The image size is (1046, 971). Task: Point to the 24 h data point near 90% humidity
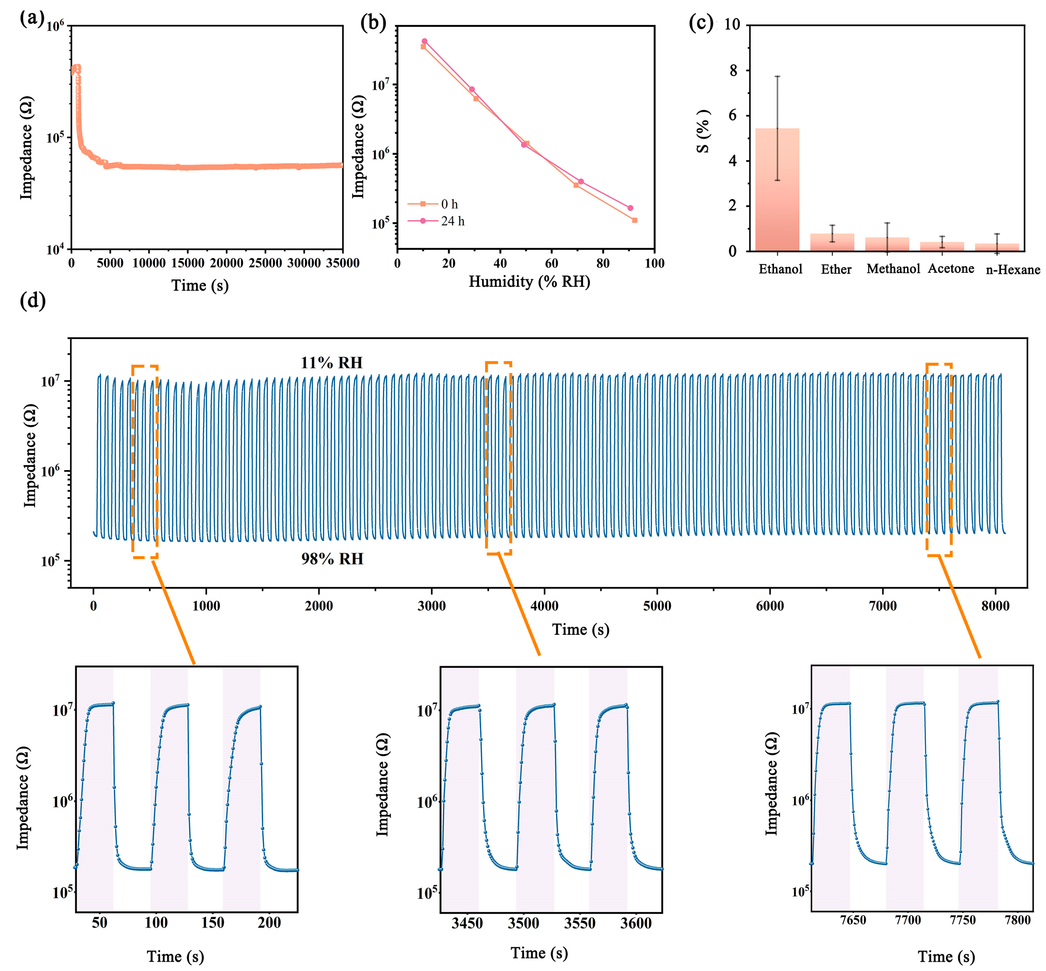tap(630, 208)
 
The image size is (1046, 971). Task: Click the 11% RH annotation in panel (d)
tap(331, 363)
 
